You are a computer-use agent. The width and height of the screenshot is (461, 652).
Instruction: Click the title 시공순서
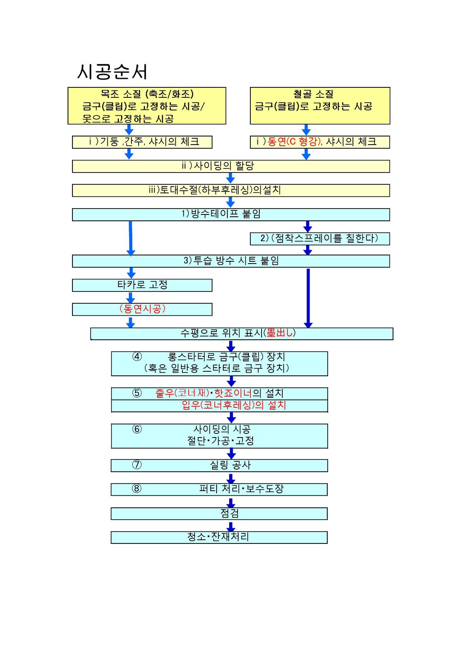click(112, 72)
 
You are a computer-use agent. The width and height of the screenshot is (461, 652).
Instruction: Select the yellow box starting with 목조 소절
click(147, 106)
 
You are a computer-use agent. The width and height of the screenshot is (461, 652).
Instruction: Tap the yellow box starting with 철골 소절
click(320, 106)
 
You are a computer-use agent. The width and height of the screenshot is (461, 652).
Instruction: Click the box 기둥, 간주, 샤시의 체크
click(142, 142)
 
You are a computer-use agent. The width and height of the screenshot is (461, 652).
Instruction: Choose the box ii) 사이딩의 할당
click(230, 166)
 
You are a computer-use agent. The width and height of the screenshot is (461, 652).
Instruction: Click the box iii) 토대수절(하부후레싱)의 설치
click(230, 190)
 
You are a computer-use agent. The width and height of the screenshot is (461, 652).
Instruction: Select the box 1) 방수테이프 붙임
click(230, 214)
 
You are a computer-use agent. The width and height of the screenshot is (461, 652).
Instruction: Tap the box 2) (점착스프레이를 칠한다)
click(320, 238)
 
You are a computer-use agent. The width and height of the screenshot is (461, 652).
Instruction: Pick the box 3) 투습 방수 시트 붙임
click(230, 261)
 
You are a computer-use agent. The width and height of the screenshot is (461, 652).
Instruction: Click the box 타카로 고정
click(142, 285)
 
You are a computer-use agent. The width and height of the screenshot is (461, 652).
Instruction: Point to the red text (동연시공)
click(142, 309)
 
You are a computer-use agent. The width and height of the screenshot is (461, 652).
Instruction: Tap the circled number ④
click(137, 357)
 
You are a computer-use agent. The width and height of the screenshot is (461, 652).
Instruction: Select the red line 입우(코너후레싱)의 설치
click(234, 405)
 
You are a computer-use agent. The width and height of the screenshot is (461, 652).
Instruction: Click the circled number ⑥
click(137, 429)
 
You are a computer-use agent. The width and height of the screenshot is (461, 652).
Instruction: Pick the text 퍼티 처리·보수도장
click(241, 489)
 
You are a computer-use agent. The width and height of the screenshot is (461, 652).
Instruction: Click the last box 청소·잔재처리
click(219, 537)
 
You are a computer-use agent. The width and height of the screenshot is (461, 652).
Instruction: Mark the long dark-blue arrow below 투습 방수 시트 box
click(308, 297)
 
